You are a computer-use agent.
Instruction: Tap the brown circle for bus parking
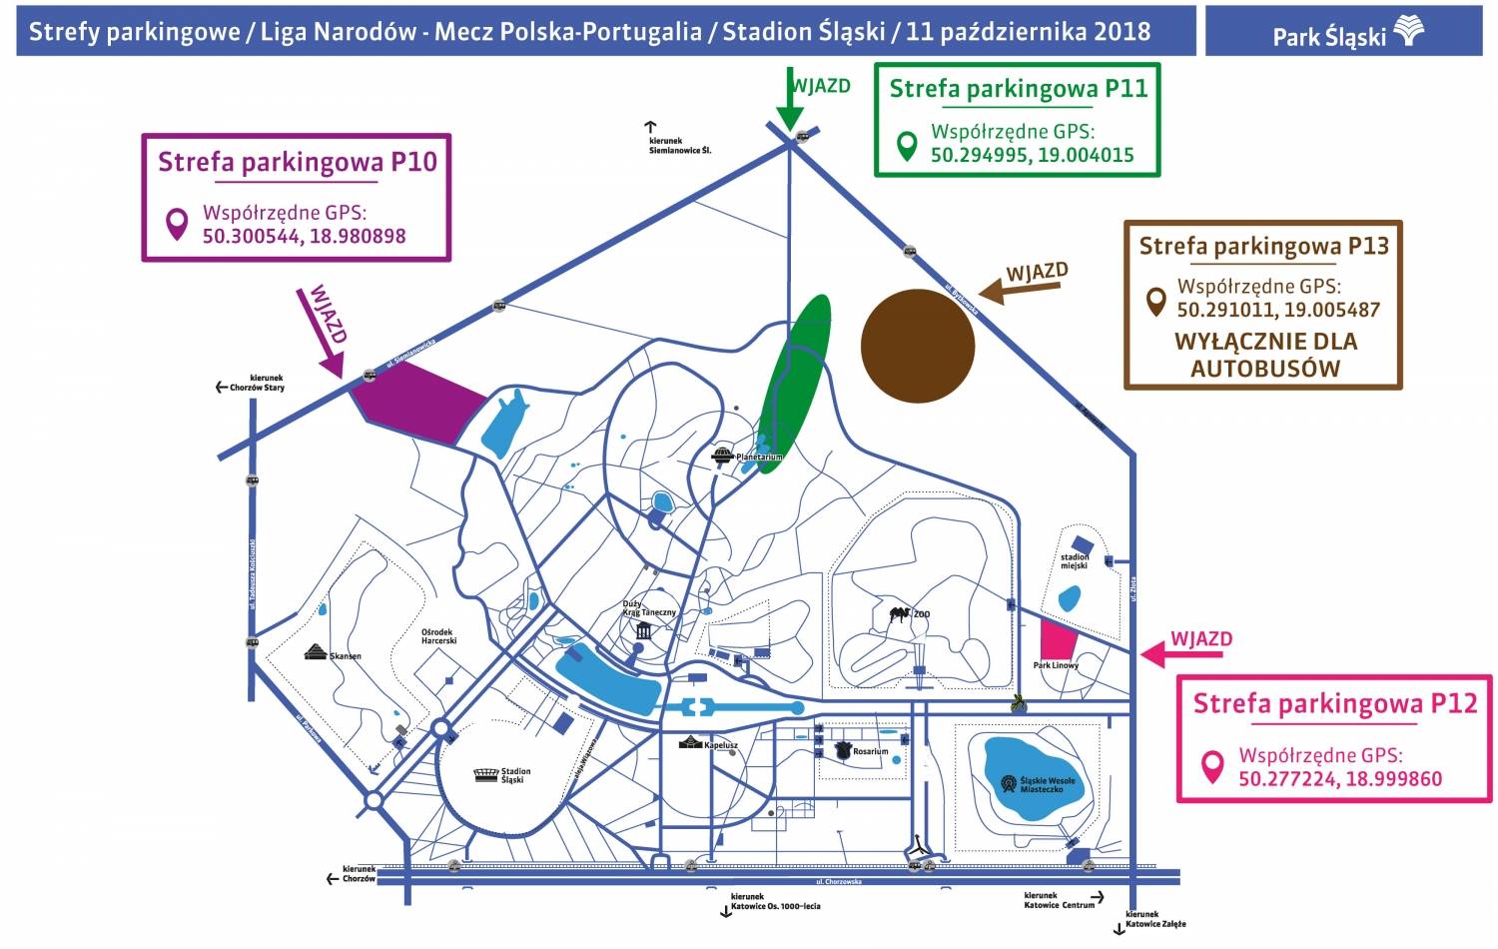pyautogui.click(x=917, y=346)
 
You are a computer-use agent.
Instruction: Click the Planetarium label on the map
pyautogui.click(x=759, y=457)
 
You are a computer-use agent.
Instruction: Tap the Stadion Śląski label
pyautogui.click(x=515, y=775)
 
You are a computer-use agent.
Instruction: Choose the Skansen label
pyautogui.click(x=346, y=656)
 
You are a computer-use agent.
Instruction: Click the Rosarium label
pyautogui.click(x=870, y=751)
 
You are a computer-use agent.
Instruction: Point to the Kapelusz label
pyautogui.click(x=721, y=745)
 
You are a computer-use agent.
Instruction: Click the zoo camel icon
pyautogui.click(x=900, y=612)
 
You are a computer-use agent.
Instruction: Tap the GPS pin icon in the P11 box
pyautogui.click(x=907, y=146)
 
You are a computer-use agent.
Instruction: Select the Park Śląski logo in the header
pyautogui.click(x=1408, y=32)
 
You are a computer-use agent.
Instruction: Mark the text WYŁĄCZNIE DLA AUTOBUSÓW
pyautogui.click(x=1265, y=355)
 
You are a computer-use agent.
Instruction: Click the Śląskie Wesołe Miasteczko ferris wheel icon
pyautogui.click(x=1009, y=783)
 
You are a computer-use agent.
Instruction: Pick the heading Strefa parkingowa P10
pyautogui.click(x=297, y=162)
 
